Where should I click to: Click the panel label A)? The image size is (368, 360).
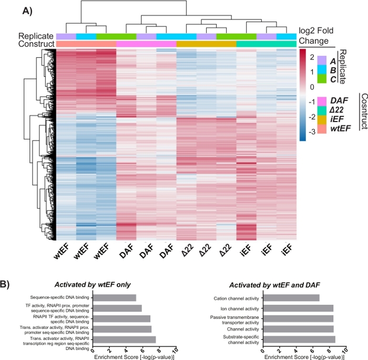[28, 9]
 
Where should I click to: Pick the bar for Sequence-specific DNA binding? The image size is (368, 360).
[114, 298]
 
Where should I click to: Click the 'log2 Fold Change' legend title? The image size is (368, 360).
[316, 36]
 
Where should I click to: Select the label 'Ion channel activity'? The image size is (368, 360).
[239, 308]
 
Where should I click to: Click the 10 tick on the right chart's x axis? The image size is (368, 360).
[345, 349]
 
